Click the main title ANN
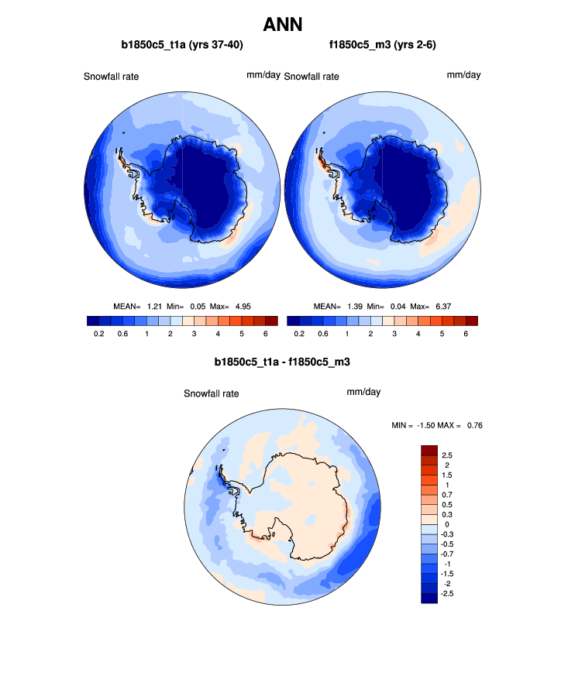(x=283, y=24)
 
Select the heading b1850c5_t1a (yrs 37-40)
(x=183, y=45)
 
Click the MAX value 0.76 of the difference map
(x=475, y=425)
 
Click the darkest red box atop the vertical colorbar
(x=430, y=450)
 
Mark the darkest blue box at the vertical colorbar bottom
(x=430, y=598)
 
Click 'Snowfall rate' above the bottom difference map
(x=211, y=393)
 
